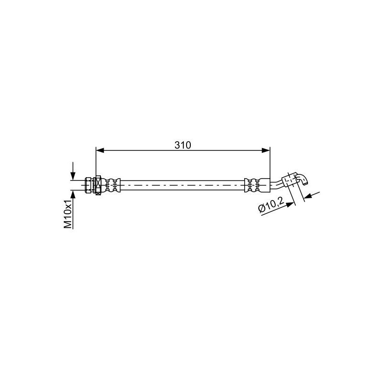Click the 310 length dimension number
[183, 145]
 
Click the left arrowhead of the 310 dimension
[100, 150]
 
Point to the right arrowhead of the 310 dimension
[266, 150]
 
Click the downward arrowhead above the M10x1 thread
[73, 176]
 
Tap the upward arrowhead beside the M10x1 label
[73, 195]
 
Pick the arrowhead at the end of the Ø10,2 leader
[290, 205]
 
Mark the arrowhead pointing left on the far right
[309, 196]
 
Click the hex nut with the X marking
[98, 185]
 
